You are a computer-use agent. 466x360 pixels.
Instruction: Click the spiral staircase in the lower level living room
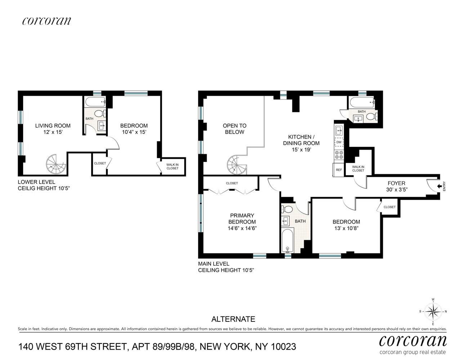pos(56,164)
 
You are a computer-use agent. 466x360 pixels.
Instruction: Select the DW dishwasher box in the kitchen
pos(339,142)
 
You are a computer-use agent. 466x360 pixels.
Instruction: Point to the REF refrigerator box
pos(339,170)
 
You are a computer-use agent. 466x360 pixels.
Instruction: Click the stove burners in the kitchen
pos(339,155)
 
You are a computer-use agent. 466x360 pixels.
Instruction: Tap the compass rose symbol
pos(433,311)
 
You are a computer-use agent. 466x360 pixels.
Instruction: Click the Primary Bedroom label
pos(242,219)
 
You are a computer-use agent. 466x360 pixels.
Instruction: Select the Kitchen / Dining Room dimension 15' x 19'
pos(301,149)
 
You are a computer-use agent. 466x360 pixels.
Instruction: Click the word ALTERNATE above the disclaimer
pos(233,319)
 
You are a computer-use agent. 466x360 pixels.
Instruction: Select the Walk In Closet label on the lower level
pos(172,167)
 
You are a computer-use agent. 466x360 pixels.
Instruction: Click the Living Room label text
pos(53,126)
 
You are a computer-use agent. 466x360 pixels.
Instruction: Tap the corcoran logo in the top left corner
pos(46,21)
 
